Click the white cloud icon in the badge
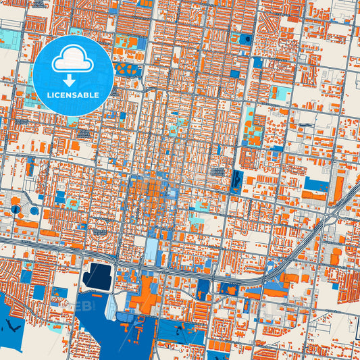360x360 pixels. pyautogui.click(x=73, y=60)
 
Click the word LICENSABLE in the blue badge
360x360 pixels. pyautogui.click(x=73, y=95)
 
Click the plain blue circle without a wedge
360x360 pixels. pyautogui.click(x=35, y=211)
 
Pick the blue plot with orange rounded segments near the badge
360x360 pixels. pyautogui.click(x=128, y=68)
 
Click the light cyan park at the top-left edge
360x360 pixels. pyautogui.click(x=9, y=36)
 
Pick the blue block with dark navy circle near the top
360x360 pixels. pyautogui.click(x=244, y=38)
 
